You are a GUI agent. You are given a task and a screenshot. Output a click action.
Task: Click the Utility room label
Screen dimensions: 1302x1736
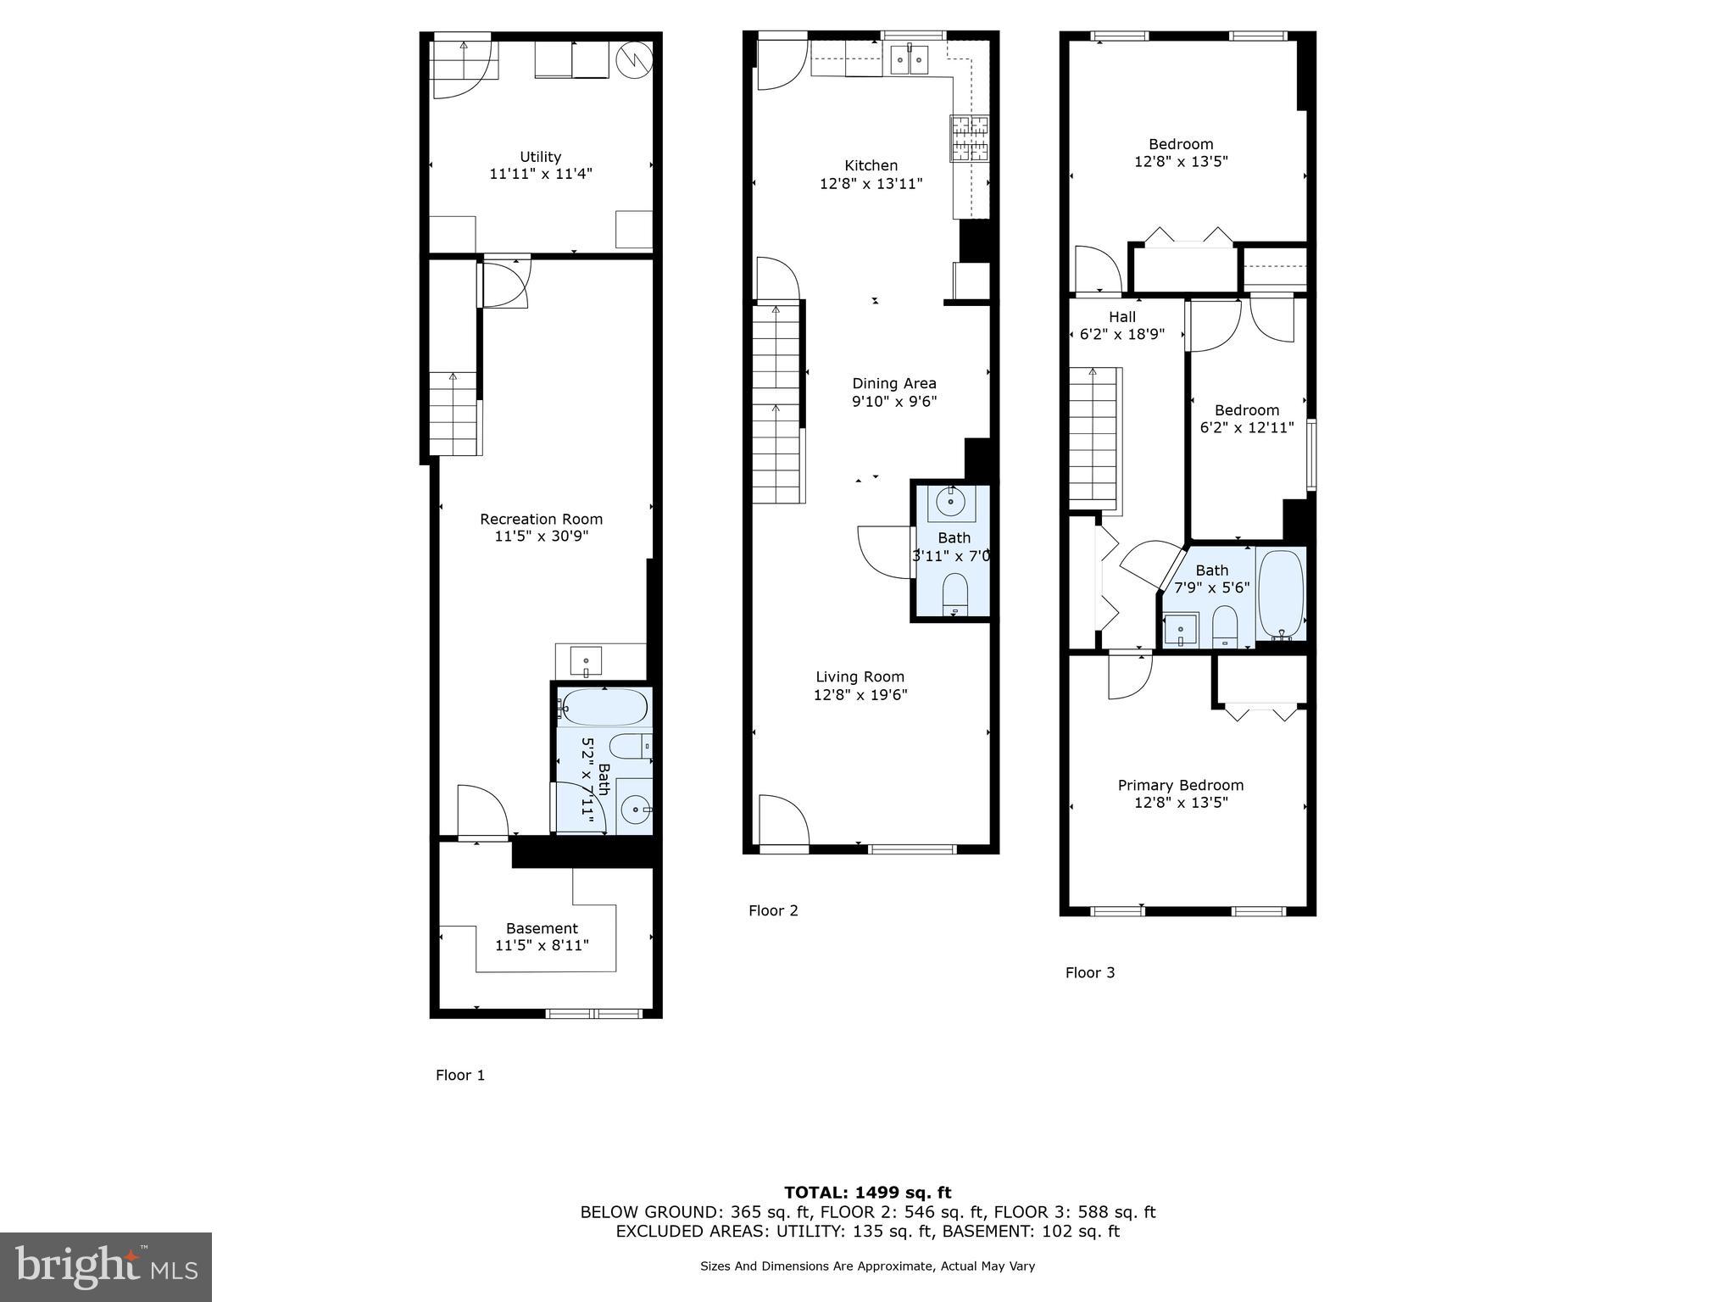pos(540,157)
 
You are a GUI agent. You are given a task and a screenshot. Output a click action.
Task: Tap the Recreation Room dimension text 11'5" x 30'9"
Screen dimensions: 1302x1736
pos(541,537)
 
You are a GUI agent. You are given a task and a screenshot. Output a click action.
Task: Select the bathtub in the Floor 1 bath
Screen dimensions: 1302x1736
pos(604,707)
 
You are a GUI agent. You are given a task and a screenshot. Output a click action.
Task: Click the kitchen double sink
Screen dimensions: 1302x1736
pos(909,60)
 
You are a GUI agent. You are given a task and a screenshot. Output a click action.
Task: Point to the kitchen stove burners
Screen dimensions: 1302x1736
pos(970,138)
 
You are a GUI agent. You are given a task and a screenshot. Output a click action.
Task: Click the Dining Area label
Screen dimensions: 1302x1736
pos(893,383)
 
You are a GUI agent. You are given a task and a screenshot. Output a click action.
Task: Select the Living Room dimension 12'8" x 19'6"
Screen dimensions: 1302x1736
pos(860,695)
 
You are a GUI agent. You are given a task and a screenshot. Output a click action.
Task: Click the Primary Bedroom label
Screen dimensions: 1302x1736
pos(1180,785)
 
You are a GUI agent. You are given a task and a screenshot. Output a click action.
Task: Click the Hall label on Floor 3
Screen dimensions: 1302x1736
pos(1121,317)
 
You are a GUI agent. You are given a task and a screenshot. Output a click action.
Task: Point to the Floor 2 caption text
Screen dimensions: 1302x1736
pos(772,910)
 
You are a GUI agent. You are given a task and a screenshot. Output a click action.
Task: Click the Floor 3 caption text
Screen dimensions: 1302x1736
pos(1089,972)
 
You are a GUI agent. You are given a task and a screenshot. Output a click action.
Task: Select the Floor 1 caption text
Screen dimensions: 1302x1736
pos(459,1075)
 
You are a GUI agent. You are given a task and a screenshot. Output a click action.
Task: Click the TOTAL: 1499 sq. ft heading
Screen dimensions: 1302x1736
pos(867,1193)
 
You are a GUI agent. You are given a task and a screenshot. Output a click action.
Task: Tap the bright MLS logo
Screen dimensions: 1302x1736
pos(105,1266)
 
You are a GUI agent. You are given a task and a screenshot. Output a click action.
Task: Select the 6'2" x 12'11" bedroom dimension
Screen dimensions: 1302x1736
pos(1246,428)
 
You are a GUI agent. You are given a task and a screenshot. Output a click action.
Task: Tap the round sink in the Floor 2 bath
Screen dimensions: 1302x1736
pos(951,503)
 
